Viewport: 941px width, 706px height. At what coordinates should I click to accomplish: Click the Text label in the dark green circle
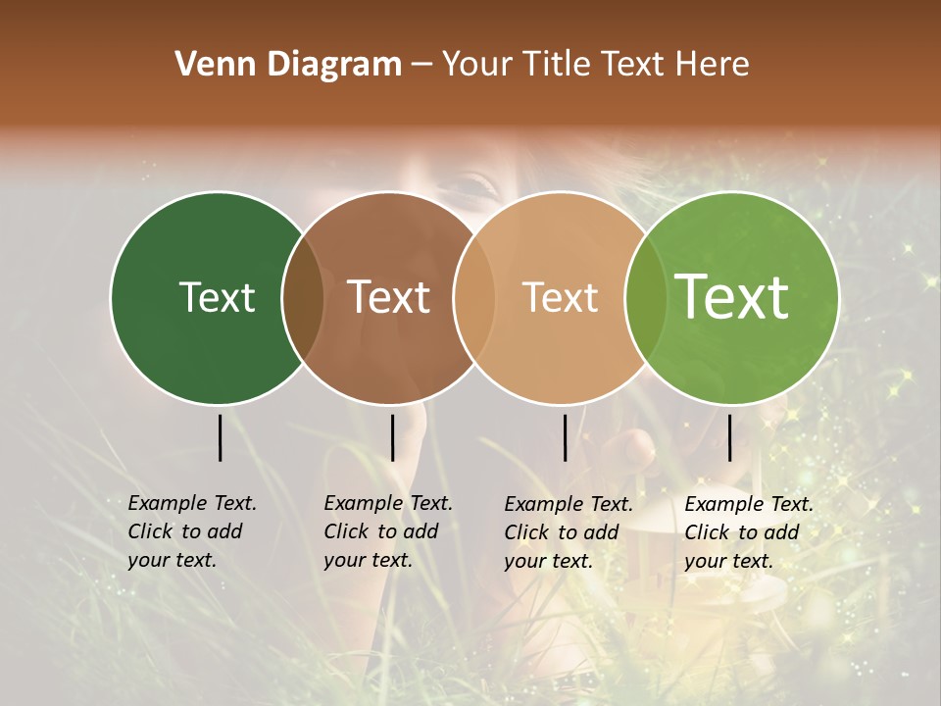217,297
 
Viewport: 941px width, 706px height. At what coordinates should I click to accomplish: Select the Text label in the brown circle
389,297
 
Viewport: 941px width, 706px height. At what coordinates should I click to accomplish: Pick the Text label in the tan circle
560,297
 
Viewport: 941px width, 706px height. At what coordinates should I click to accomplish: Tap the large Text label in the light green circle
732,296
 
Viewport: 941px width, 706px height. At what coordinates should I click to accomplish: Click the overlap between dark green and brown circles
303,298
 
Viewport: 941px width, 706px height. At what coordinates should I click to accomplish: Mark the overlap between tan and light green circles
646,298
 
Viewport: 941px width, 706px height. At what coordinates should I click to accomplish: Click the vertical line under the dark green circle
220,437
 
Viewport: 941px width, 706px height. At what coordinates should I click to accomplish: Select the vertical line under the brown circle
392,437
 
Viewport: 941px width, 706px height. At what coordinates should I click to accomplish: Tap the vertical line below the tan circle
566,437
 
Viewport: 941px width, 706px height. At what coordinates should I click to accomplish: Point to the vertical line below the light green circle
730,437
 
